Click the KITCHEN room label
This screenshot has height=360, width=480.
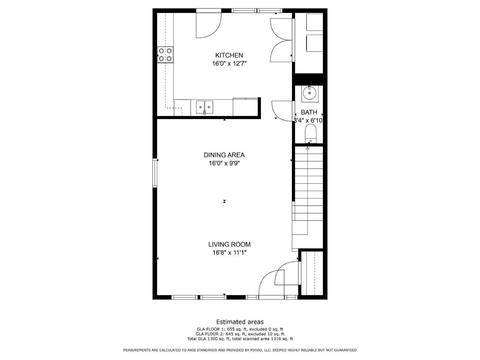pyautogui.click(x=229, y=55)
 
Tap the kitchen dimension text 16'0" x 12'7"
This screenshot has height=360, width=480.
pyautogui.click(x=229, y=64)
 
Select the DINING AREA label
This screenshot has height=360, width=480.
pyautogui.click(x=224, y=155)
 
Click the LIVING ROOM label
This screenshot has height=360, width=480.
pyautogui.click(x=229, y=244)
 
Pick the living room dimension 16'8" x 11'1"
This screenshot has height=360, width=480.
pyautogui.click(x=229, y=253)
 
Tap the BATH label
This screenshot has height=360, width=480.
pyautogui.click(x=309, y=112)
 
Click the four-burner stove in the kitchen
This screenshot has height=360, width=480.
pyautogui.click(x=165, y=55)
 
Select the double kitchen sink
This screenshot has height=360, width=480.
pyautogui.click(x=205, y=107)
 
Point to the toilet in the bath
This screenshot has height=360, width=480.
pyautogui.click(x=311, y=133)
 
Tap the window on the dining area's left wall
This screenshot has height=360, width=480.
pyautogui.click(x=155, y=173)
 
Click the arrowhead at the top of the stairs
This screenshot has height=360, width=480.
pyautogui.click(x=307, y=148)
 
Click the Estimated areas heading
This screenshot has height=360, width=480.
pyautogui.click(x=240, y=322)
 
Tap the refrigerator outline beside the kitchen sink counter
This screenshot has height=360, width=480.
pyautogui.click(x=246, y=107)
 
